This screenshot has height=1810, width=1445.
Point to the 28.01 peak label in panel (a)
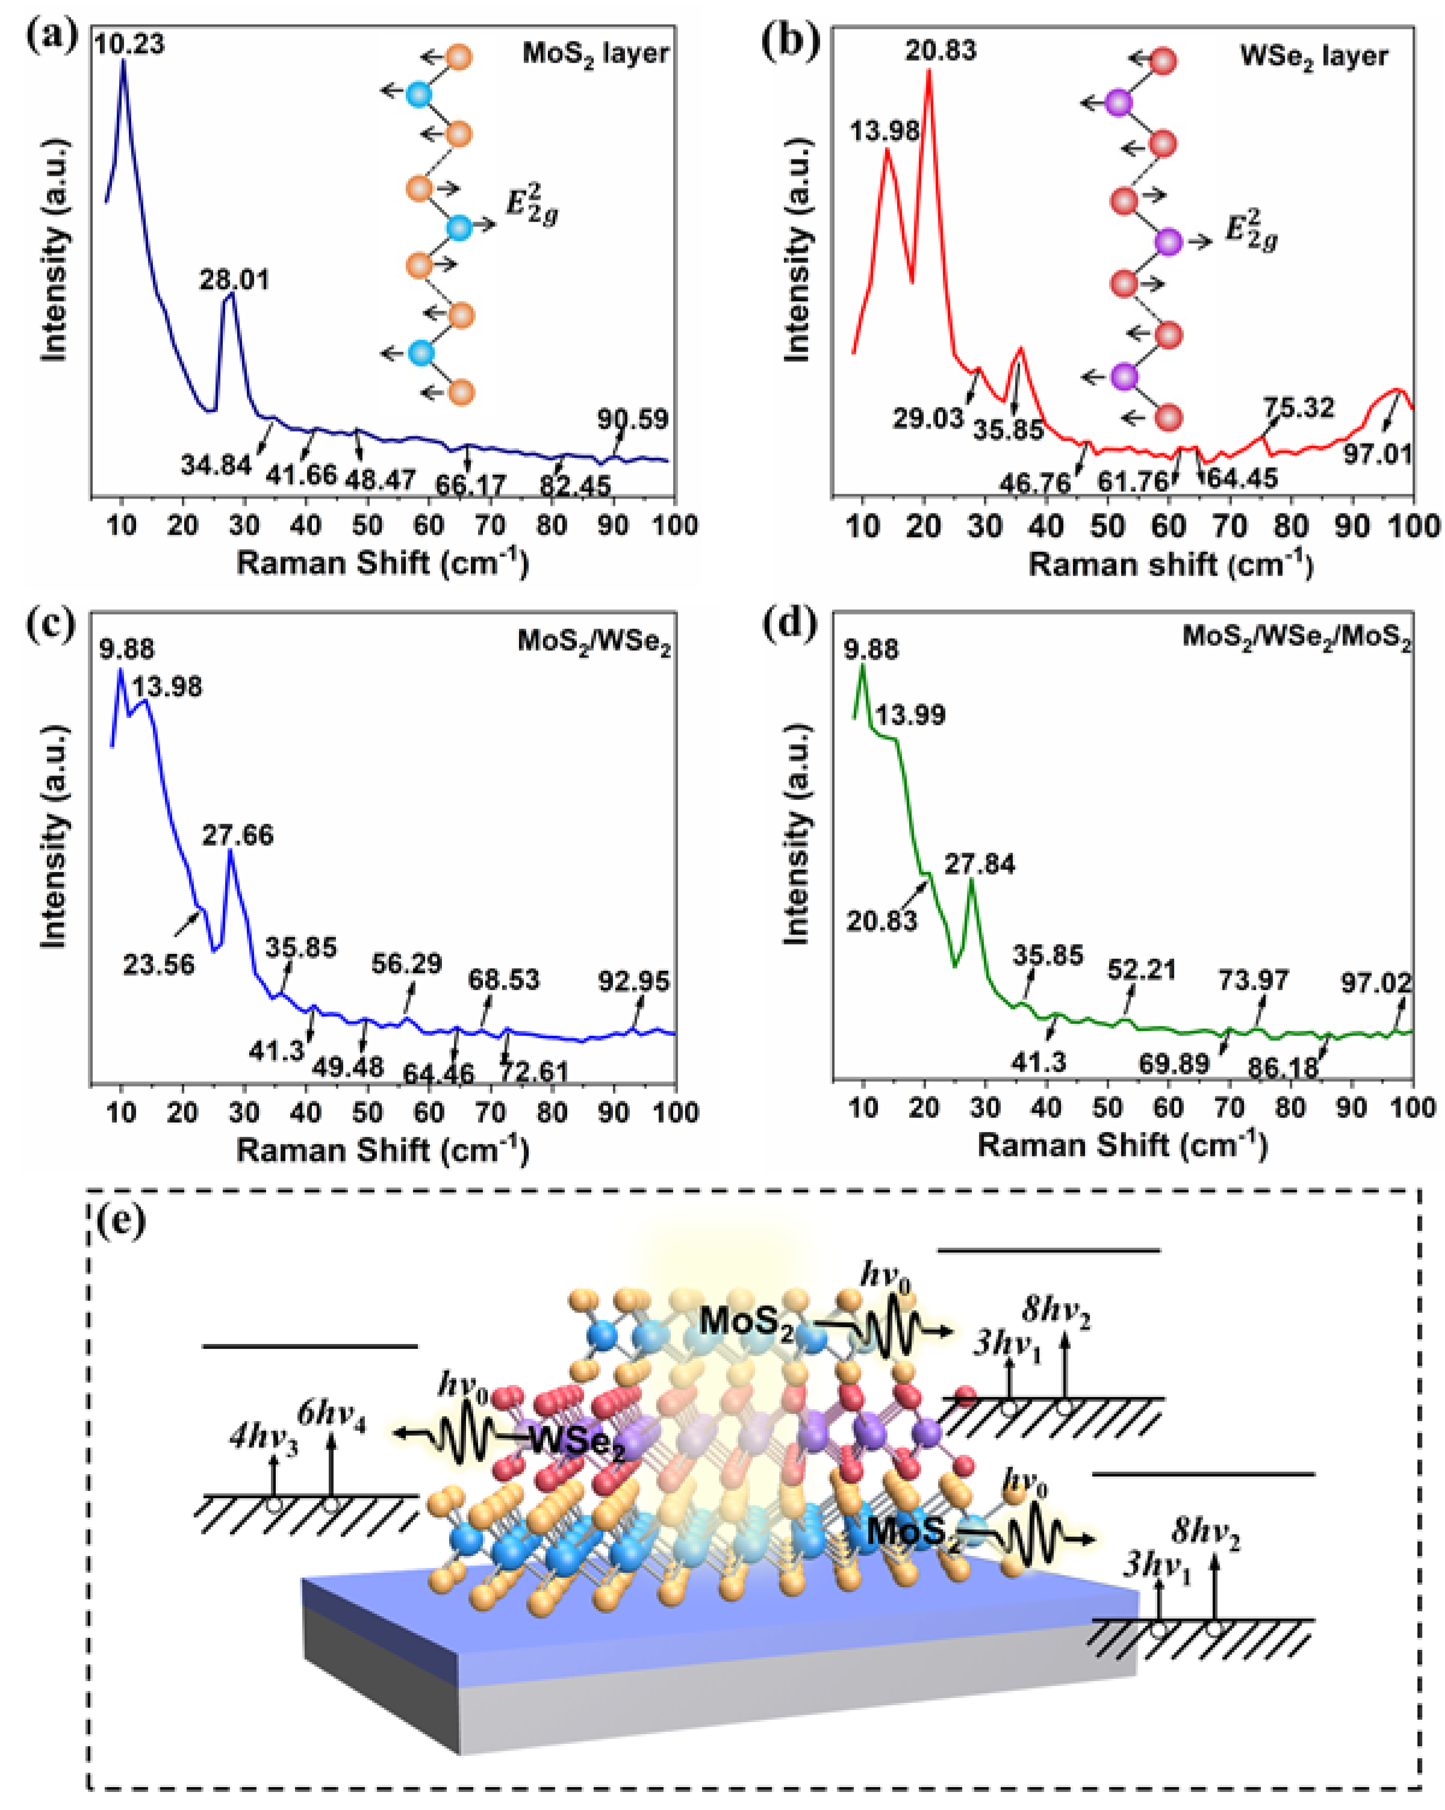click(234, 279)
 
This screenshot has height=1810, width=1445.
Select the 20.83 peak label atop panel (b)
click(940, 51)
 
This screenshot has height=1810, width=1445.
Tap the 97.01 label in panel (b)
click(1377, 454)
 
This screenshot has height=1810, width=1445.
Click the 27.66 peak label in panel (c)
click(238, 835)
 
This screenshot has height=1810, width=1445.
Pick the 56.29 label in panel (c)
click(406, 963)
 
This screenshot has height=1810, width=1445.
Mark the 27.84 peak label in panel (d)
click(980, 864)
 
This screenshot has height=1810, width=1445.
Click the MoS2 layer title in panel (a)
click(595, 54)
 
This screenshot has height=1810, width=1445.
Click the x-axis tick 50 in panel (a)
click(367, 525)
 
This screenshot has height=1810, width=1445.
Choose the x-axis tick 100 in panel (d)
click(1412, 1108)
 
